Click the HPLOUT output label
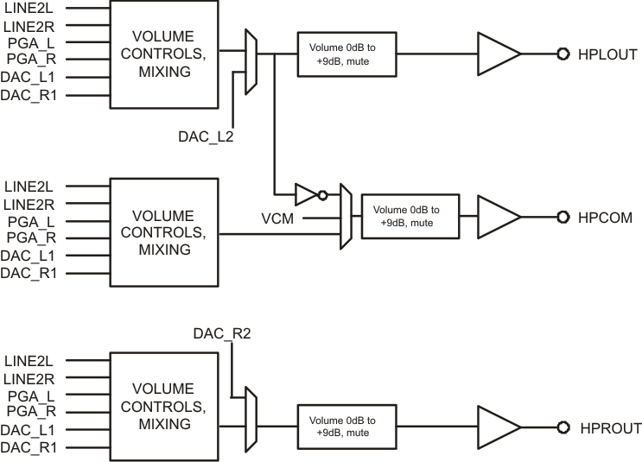pos(607,54)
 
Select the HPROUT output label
pos(610,427)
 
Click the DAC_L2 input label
pos(205,136)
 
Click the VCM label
pos(278,219)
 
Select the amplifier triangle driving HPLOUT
pos(498,54)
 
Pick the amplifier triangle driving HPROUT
pos(498,427)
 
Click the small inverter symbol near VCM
pos(308,193)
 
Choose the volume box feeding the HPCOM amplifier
pos(410,216)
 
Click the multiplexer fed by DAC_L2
pos(251,62)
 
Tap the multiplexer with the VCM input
pos(346,217)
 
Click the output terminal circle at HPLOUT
pos(562,54)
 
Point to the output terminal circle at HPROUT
pos(562,427)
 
